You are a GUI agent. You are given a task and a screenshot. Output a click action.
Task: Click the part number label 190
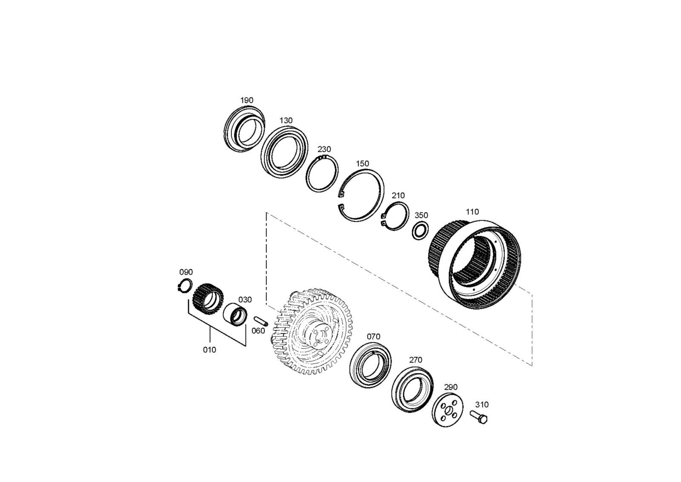(x=246, y=100)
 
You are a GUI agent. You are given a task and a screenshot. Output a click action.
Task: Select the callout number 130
(x=286, y=120)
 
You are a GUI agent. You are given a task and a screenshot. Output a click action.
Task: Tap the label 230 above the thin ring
(x=324, y=149)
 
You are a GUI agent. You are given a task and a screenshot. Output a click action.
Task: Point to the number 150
(x=362, y=164)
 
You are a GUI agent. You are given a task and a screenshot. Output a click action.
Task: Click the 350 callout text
(x=421, y=215)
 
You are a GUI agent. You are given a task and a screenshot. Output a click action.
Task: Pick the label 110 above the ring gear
(x=472, y=212)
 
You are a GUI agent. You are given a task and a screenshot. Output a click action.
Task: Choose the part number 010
(x=209, y=350)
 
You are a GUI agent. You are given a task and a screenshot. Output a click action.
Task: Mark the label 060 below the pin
(x=258, y=330)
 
